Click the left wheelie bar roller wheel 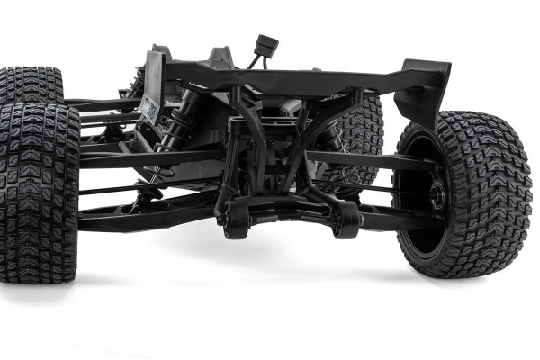(237, 221)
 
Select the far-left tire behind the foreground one (31, 85)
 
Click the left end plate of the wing (153, 86)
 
